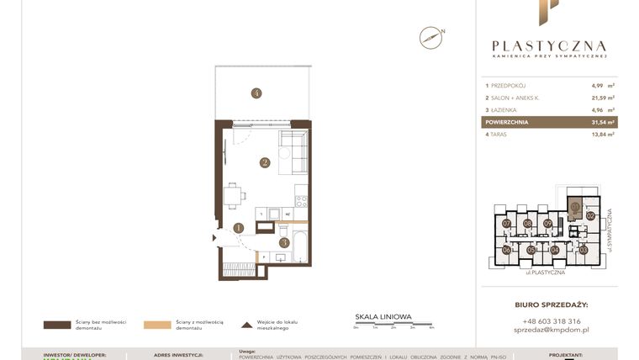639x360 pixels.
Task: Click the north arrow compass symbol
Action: (430, 37)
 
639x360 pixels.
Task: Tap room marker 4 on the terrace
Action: (256, 93)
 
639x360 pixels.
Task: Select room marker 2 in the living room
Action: (264, 163)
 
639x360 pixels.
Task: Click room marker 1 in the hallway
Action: (239, 227)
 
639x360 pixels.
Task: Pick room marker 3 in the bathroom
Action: (284, 242)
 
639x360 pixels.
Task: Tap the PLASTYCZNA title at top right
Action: (549, 46)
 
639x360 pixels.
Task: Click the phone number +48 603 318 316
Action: (550, 320)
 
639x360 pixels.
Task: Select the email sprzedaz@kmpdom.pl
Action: (550, 331)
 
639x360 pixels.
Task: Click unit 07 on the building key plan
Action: (507, 224)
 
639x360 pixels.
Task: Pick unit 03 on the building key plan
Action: (584, 250)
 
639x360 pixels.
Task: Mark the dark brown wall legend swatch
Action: (56, 324)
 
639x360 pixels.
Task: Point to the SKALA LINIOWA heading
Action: (383, 316)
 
